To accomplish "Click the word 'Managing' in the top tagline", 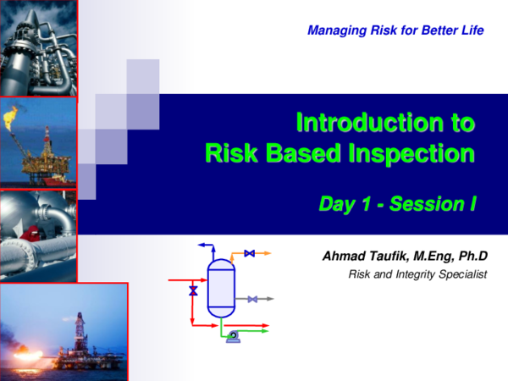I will point(332,31).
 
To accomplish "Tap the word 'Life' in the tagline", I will point(471,31).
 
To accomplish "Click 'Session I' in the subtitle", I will point(436,203).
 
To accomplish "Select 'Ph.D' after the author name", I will point(480,257).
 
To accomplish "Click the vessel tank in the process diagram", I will point(220,284).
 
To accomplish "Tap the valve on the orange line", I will point(249,253).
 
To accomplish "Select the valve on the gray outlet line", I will point(252,299).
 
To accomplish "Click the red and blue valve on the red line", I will point(193,290).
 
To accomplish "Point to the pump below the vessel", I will point(232,337).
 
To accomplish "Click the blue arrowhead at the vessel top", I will point(202,245).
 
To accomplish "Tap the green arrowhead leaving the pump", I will point(265,331).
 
